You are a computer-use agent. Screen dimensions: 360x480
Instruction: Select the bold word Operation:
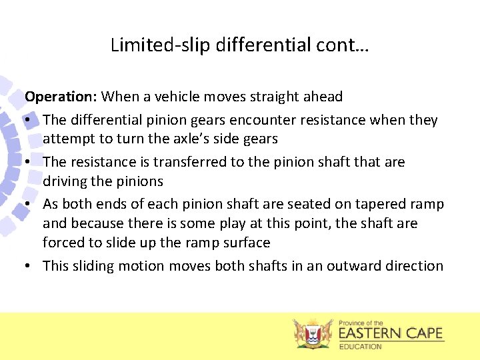pyautogui.click(x=61, y=97)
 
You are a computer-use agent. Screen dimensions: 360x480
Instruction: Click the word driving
pyautogui.click(x=68, y=181)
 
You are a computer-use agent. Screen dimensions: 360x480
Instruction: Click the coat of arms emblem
pyautogui.click(x=313, y=333)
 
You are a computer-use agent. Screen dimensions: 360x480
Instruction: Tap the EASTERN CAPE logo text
pyautogui.click(x=391, y=333)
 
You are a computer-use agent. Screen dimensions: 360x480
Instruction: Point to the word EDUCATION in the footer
pyautogui.click(x=361, y=347)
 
